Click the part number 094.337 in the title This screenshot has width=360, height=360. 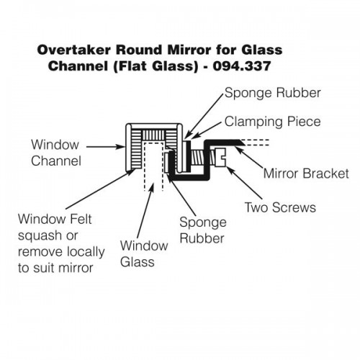tap(242, 66)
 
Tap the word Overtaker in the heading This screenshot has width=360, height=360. tap(74, 50)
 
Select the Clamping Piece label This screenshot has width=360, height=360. tap(272, 122)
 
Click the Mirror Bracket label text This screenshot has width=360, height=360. tap(306, 174)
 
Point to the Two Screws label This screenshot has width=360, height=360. tap(280, 207)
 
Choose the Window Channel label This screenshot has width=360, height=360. tap(56, 153)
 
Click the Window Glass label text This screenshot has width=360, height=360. tap(144, 253)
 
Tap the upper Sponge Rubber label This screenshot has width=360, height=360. tap(273, 93)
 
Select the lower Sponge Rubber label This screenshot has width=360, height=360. tap(203, 230)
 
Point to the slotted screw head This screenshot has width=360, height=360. tap(220, 158)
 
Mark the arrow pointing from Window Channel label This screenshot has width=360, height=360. tap(106, 147)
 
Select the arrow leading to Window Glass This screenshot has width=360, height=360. tap(145, 210)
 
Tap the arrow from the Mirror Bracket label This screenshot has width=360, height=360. tap(248, 158)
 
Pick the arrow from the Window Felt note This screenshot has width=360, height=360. tap(100, 189)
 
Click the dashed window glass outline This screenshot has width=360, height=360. tap(154, 166)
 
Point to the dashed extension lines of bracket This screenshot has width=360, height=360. tap(255, 143)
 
